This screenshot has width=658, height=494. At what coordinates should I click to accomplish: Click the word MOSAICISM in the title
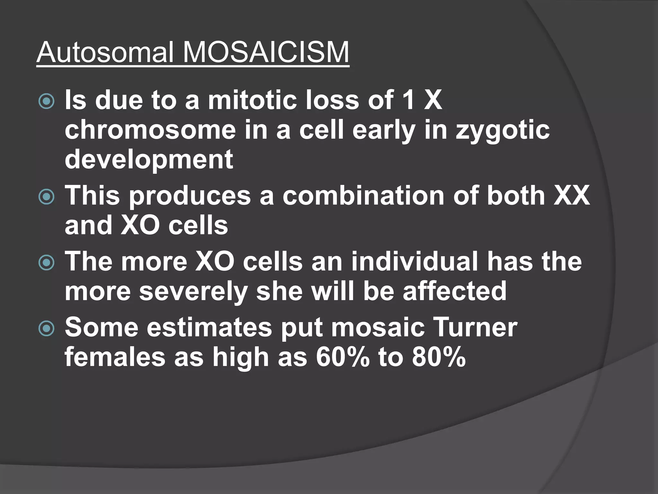coord(266,52)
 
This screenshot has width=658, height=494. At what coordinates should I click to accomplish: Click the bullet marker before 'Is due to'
coord(46,102)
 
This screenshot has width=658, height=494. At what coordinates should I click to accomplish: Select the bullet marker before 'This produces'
coord(46,197)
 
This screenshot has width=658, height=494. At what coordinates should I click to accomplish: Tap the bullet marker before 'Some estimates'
coord(46,329)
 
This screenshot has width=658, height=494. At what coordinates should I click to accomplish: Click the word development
coord(149,160)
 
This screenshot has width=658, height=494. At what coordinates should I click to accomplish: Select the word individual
coord(414,261)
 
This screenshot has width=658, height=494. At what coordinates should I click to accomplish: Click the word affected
coord(455,291)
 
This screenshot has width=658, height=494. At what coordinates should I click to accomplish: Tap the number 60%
coord(342,357)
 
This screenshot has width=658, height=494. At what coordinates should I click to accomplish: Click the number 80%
coord(439,357)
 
